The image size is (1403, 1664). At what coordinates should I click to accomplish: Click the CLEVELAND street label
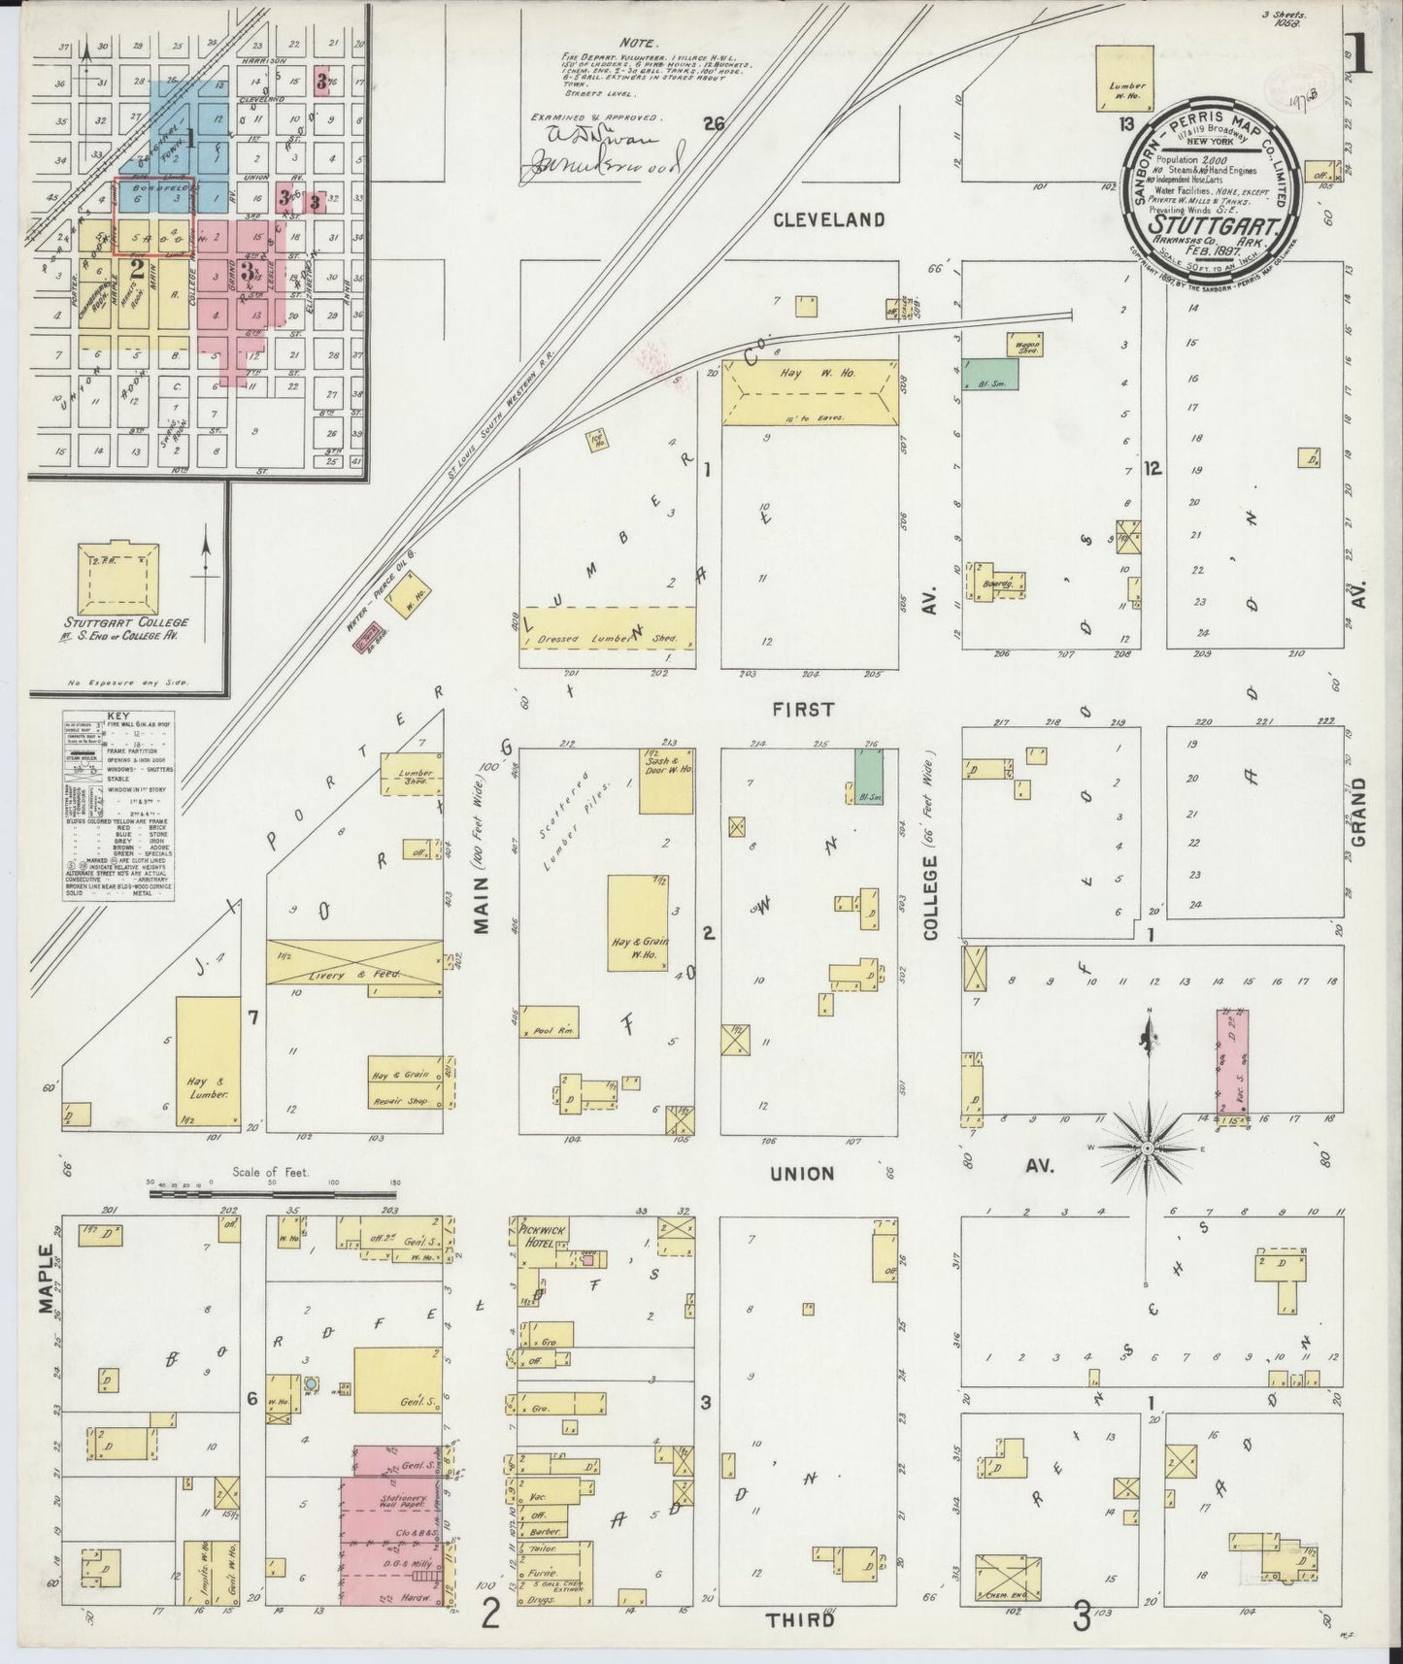click(x=828, y=219)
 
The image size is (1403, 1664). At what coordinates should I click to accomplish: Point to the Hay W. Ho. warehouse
click(x=810, y=392)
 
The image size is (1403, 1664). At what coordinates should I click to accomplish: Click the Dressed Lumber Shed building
click(x=608, y=636)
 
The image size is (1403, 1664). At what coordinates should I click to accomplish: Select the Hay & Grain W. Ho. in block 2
click(x=637, y=923)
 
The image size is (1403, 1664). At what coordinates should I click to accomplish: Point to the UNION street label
click(x=802, y=1173)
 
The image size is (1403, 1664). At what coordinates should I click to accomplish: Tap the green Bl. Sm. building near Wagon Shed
click(x=990, y=375)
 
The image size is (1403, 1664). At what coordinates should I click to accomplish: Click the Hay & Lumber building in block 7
click(x=208, y=1065)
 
